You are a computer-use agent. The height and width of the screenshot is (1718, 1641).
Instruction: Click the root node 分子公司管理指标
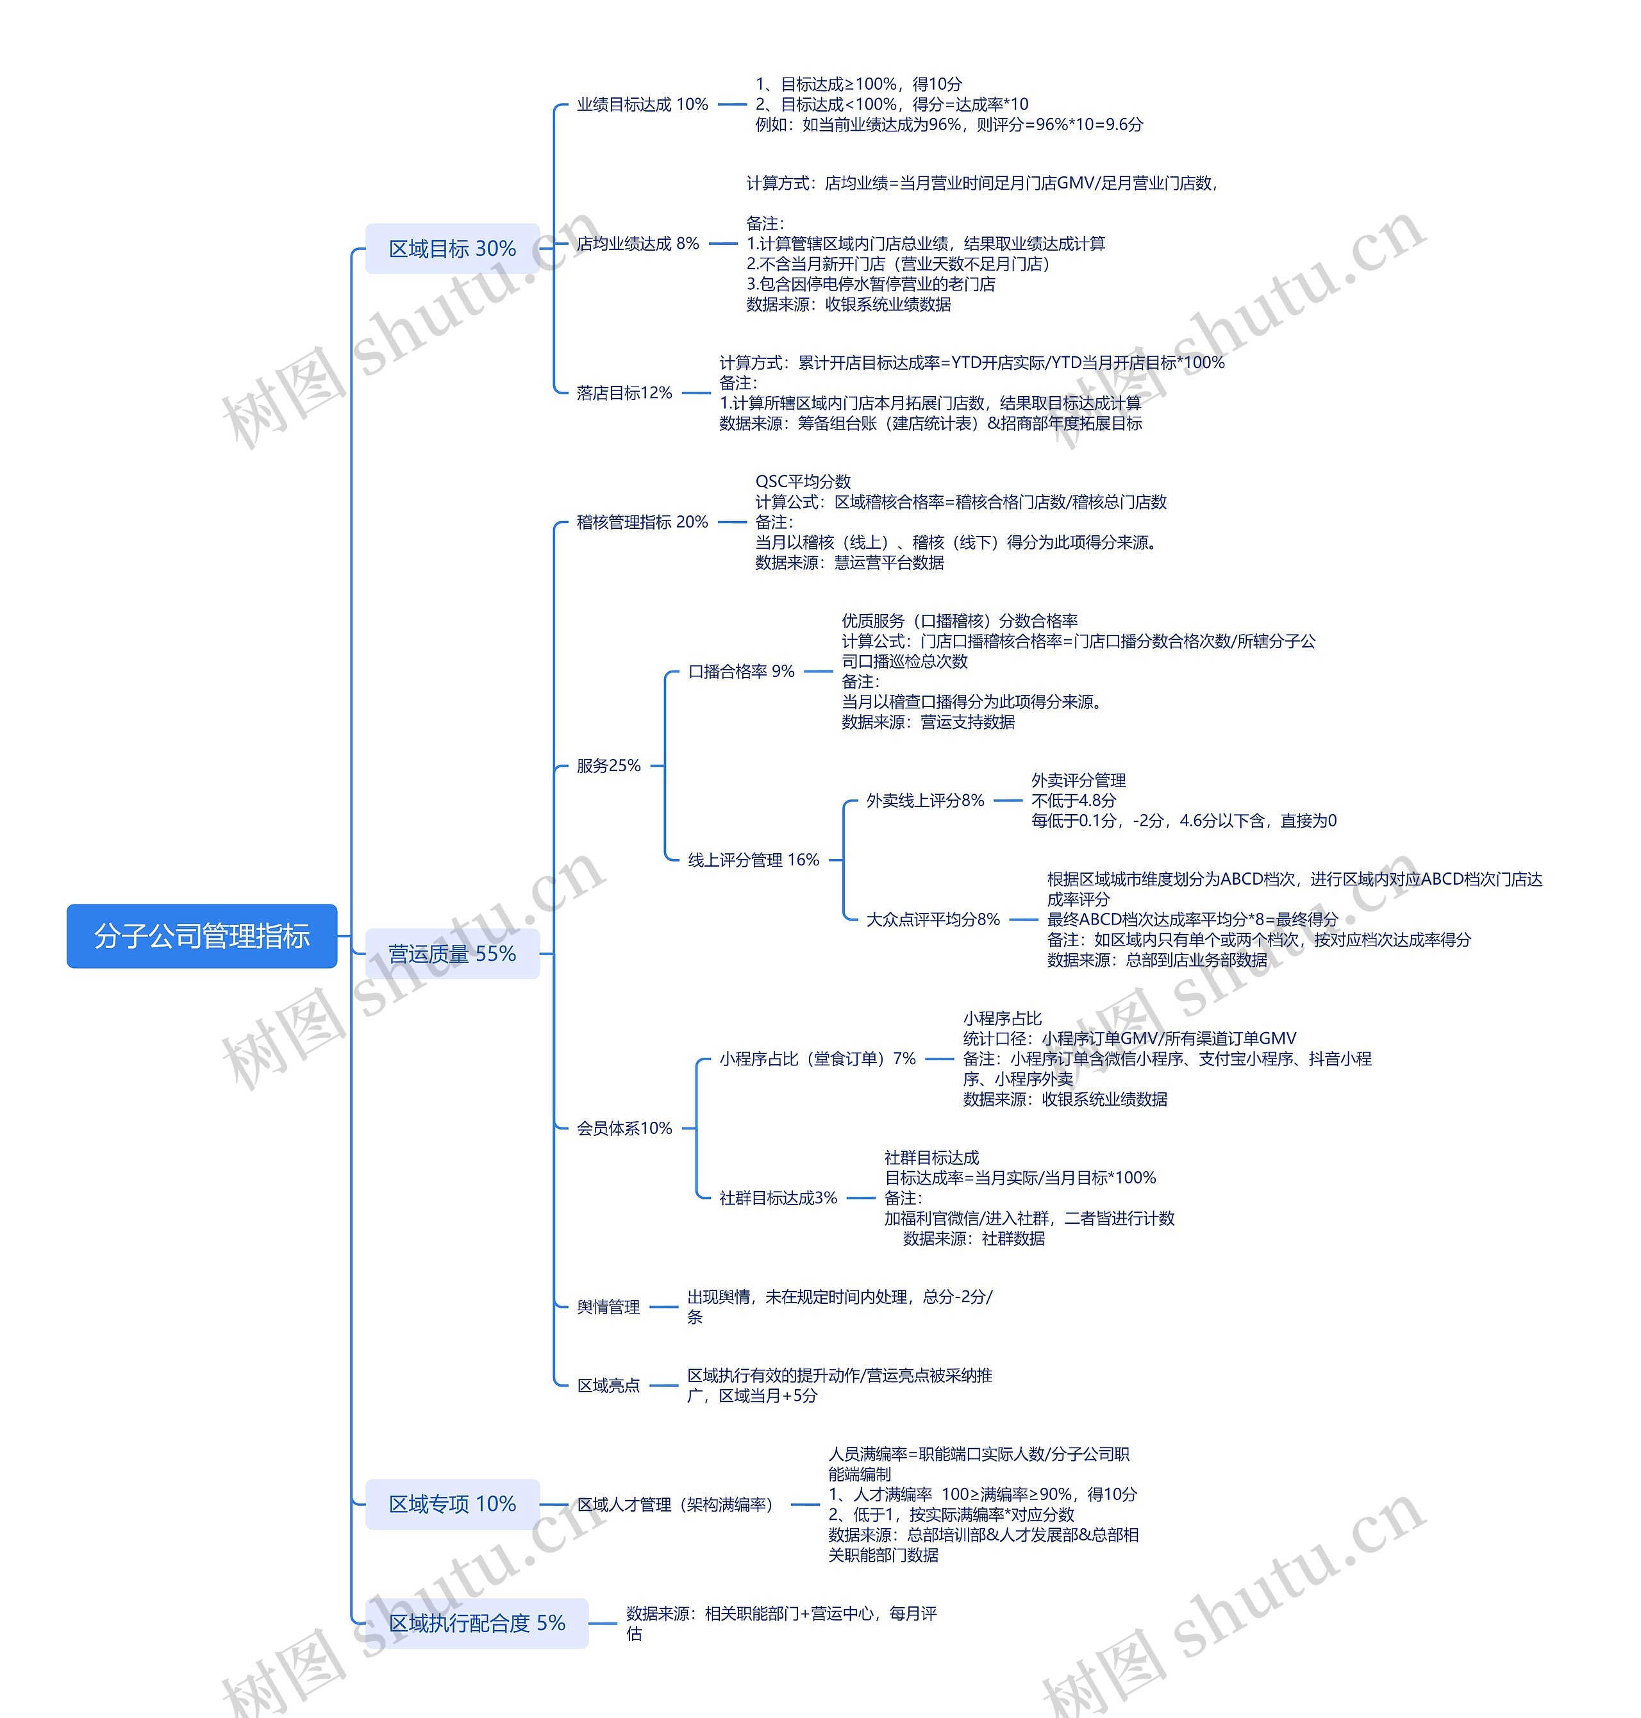pyautogui.click(x=201, y=936)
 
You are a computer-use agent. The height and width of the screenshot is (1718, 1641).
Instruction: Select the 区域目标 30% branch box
pyautogui.click(x=453, y=249)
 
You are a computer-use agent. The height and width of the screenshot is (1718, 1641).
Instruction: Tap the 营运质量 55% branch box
pyautogui.click(x=453, y=953)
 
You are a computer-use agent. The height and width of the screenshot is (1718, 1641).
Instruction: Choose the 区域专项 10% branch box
pyautogui.click(x=453, y=1504)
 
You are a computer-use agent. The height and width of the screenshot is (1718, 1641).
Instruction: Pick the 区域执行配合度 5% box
pyautogui.click(x=477, y=1622)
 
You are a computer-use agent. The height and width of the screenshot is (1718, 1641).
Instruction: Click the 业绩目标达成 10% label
pyautogui.click(x=642, y=104)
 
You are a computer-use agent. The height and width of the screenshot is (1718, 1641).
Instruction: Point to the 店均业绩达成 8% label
pyautogui.click(x=638, y=243)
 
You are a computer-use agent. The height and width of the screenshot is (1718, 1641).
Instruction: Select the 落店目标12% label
pyautogui.click(x=624, y=393)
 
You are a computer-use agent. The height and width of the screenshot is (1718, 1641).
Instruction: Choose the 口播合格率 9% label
pyautogui.click(x=741, y=671)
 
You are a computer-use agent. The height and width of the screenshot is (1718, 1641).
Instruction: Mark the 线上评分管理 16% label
pyautogui.click(x=753, y=860)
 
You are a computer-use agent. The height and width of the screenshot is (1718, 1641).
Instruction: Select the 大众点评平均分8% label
pyautogui.click(x=933, y=919)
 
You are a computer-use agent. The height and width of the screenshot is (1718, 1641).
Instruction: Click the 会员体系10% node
pyautogui.click(x=624, y=1128)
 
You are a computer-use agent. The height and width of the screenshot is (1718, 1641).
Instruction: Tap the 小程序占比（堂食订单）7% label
pyautogui.click(x=817, y=1058)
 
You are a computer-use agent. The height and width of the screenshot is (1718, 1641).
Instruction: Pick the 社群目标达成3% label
pyautogui.click(x=778, y=1197)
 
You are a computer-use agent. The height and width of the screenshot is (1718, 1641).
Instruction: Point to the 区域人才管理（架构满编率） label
pyautogui.click(x=674, y=1505)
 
